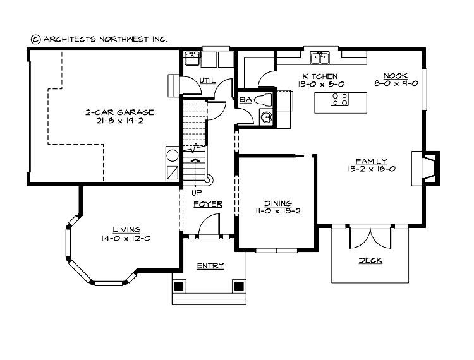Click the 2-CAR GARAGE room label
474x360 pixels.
[x=119, y=112]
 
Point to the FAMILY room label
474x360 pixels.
[x=371, y=161]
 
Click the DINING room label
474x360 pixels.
[x=277, y=203]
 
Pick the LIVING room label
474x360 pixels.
[x=126, y=229]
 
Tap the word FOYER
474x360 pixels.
[x=207, y=204]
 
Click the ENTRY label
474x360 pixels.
[x=210, y=266]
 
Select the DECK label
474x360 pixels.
[x=370, y=260]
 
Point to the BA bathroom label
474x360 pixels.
[x=245, y=99]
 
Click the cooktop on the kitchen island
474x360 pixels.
[x=339, y=99]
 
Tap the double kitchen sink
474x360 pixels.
[x=319, y=58]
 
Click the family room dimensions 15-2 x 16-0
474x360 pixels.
[x=371, y=169]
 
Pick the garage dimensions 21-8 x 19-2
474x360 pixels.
[x=119, y=121]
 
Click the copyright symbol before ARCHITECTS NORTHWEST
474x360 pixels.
[x=35, y=39]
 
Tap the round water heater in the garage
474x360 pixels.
[x=172, y=154]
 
